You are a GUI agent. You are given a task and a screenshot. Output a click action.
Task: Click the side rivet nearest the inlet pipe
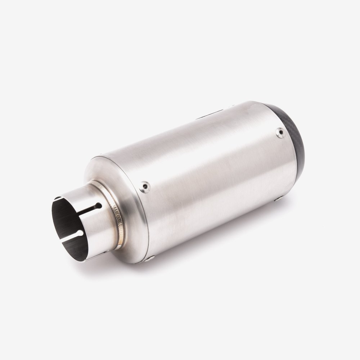(x=145, y=186)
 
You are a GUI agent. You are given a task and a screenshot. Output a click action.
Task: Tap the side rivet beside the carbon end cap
(x=280, y=132)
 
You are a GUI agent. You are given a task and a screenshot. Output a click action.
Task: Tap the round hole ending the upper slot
(x=98, y=206)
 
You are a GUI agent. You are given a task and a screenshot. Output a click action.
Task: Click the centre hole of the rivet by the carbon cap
(x=280, y=132)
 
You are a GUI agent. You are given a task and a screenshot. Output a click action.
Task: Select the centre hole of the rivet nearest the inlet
(x=145, y=186)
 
